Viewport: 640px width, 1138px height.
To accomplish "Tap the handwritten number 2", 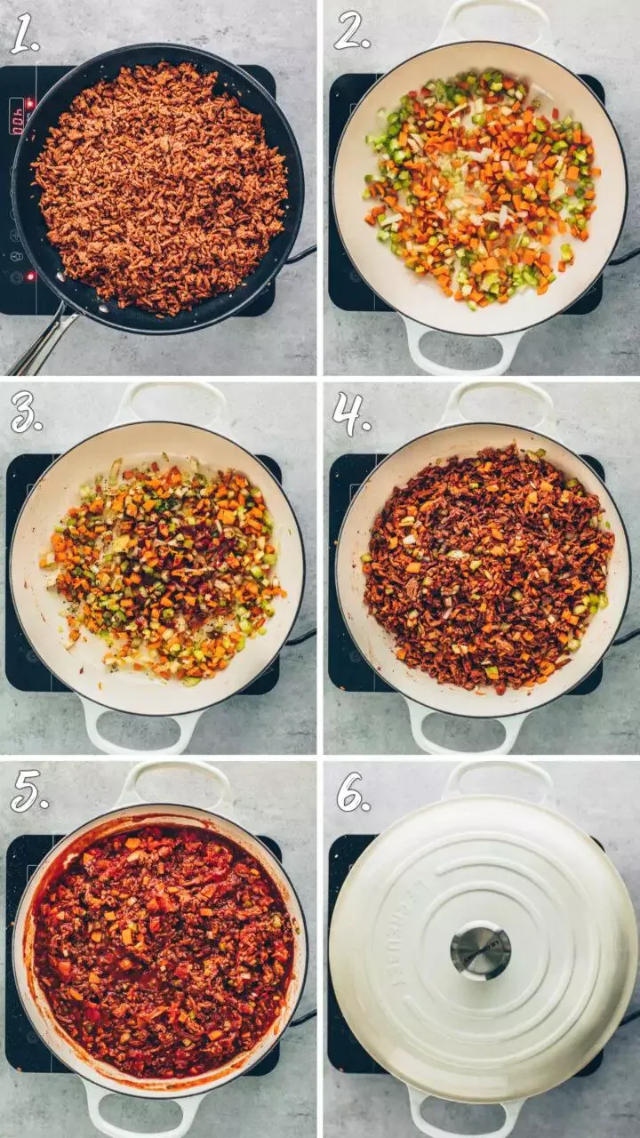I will click(x=351, y=32).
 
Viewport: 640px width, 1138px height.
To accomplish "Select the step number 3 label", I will click(x=26, y=413).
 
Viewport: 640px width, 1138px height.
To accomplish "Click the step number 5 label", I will click(x=28, y=792).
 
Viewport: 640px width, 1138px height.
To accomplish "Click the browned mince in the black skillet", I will click(x=160, y=187).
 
